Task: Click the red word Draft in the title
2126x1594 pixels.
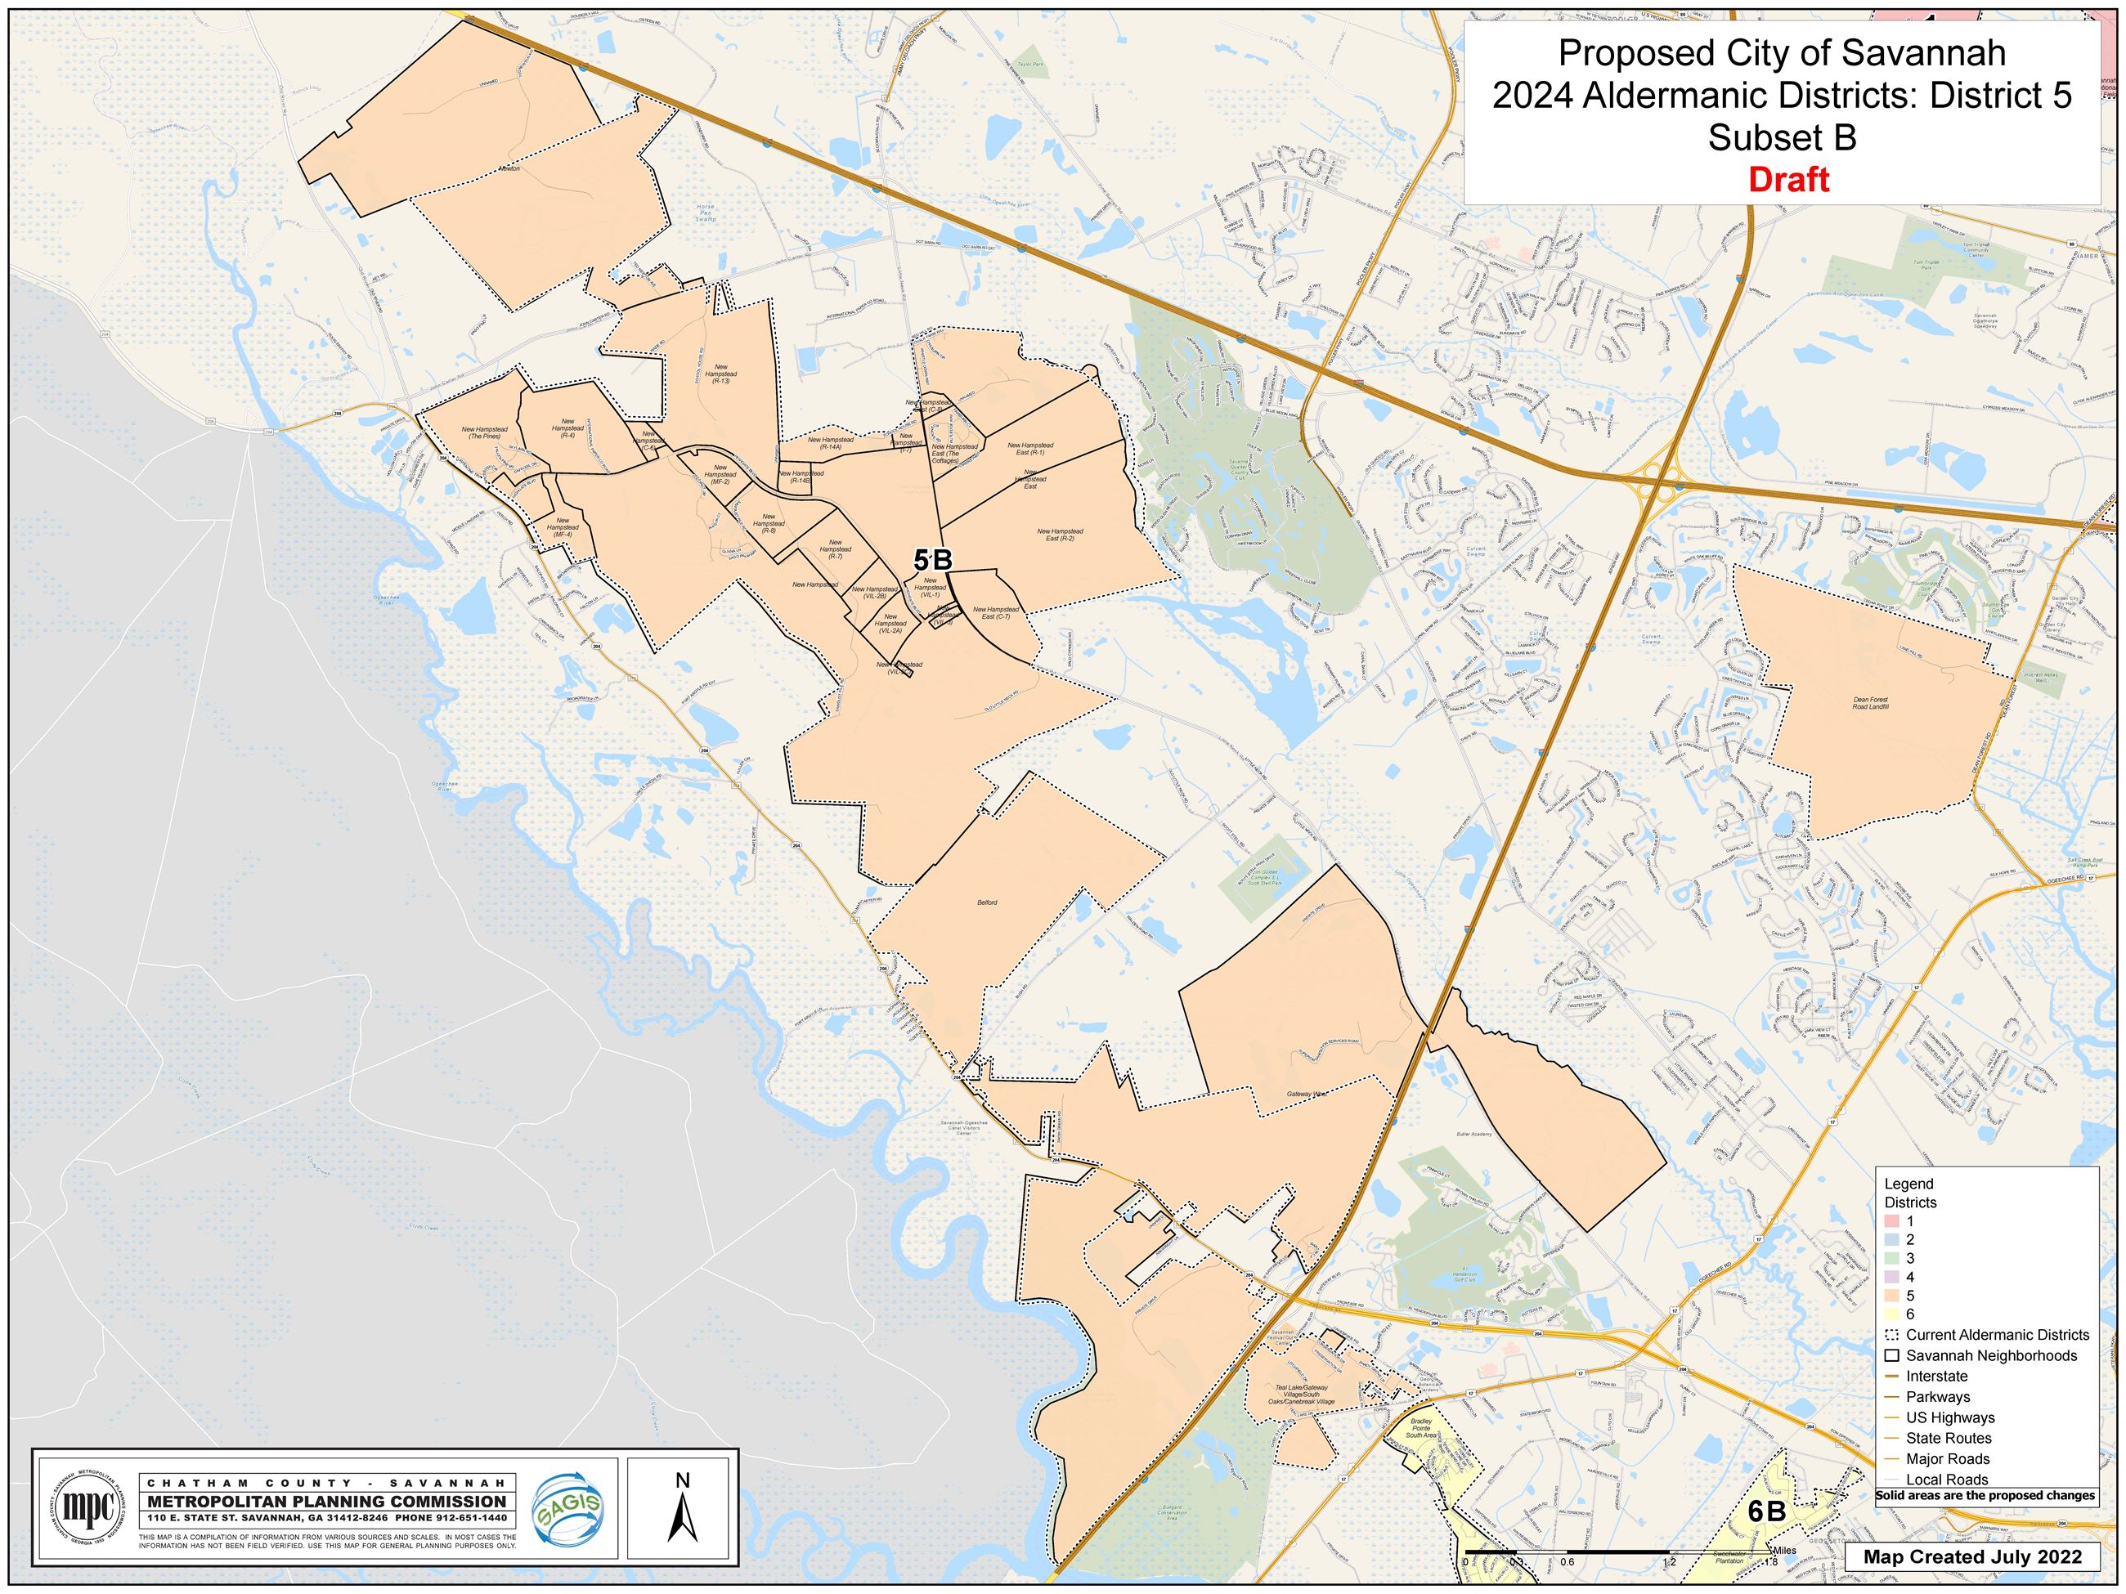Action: click(1787, 180)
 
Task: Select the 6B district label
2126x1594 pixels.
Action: click(1766, 1511)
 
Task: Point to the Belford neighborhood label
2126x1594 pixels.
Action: click(987, 902)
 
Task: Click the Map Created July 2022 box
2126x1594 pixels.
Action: click(1972, 1556)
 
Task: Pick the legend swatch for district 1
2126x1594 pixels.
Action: click(1891, 1221)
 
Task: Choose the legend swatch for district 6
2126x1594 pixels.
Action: click(1891, 1314)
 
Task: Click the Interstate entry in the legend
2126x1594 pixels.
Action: click(1936, 1376)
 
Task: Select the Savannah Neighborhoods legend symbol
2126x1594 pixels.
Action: click(1891, 1355)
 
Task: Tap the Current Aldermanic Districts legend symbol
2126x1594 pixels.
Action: click(1891, 1335)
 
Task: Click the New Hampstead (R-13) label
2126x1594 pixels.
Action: click(721, 374)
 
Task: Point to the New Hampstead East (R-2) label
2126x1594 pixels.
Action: click(1059, 535)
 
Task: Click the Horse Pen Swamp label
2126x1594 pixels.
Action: click(706, 213)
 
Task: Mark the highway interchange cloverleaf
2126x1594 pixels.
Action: click(1659, 477)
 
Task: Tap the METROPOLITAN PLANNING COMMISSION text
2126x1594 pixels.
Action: click(327, 1502)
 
